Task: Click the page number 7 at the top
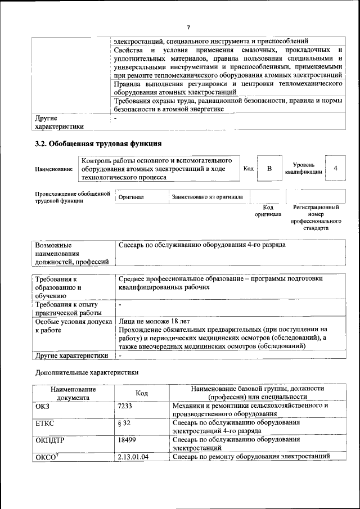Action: pyautogui.click(x=188, y=27)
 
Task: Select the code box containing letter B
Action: pyautogui.click(x=269, y=169)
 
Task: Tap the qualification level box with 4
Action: pyautogui.click(x=335, y=169)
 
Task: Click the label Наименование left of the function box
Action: pyautogui.click(x=53, y=169)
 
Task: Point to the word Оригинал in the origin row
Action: pyautogui.click(x=131, y=197)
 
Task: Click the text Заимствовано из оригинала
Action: pyautogui.click(x=208, y=197)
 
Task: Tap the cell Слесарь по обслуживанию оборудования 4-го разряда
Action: pyautogui.click(x=202, y=245)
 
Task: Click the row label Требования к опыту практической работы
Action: pyautogui.click(x=68, y=309)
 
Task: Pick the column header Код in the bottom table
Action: pyautogui.click(x=142, y=393)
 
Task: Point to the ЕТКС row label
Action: pyautogui.click(x=44, y=422)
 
